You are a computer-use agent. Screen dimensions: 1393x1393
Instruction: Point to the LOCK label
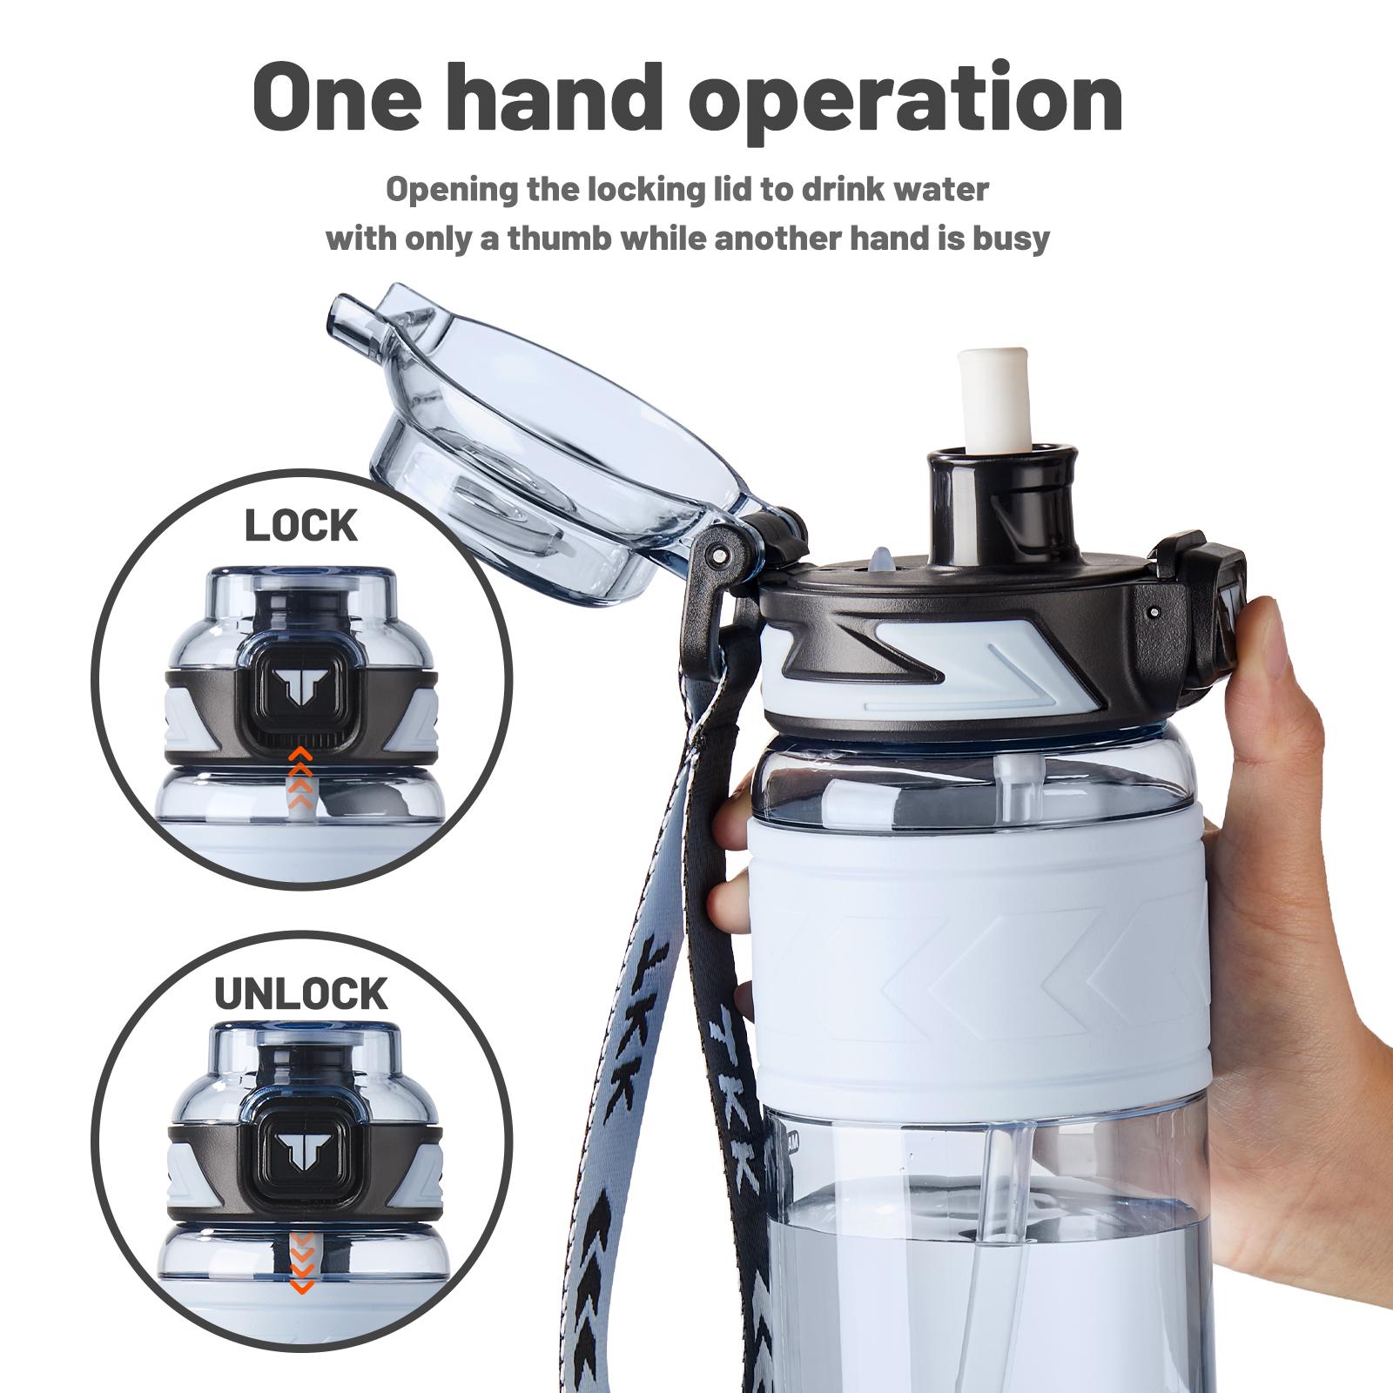coord(301,526)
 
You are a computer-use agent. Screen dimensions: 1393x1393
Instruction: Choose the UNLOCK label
coord(301,993)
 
